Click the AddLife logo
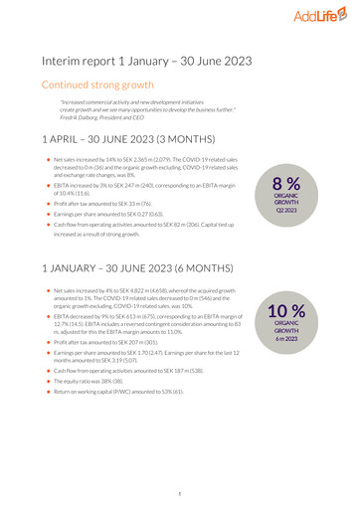point(320,17)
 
